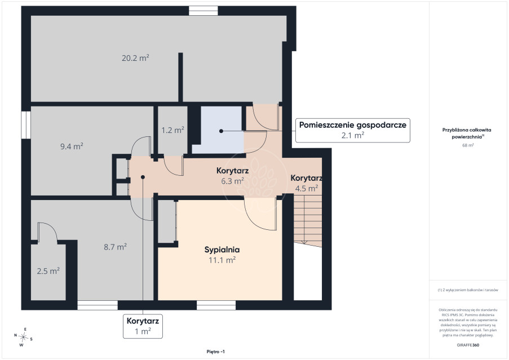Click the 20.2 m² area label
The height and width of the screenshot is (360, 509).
[135, 58]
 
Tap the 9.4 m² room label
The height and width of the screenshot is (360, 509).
[72, 146]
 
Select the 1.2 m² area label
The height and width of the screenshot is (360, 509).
[172, 130]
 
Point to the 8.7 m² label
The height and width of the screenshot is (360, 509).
[115, 247]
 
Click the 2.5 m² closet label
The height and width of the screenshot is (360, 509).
[48, 271]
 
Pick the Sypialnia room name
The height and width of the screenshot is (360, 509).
[222, 250]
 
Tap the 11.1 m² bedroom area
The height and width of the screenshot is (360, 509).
[222, 260]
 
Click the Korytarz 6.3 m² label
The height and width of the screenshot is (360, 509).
[232, 176]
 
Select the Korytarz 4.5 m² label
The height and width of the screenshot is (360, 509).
[306, 183]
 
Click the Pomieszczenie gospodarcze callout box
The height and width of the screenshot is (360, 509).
[352, 130]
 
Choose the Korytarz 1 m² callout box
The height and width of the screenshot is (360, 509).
[143, 326]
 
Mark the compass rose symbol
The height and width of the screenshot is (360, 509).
[23, 337]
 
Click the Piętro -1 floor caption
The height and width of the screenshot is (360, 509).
[215, 352]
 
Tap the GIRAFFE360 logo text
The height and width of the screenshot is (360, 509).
[468, 345]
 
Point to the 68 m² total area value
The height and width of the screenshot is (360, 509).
[468, 145]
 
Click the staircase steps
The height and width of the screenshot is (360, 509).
[307, 220]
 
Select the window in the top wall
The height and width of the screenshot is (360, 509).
[203, 11]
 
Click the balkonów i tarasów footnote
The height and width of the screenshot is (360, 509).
[468, 290]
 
